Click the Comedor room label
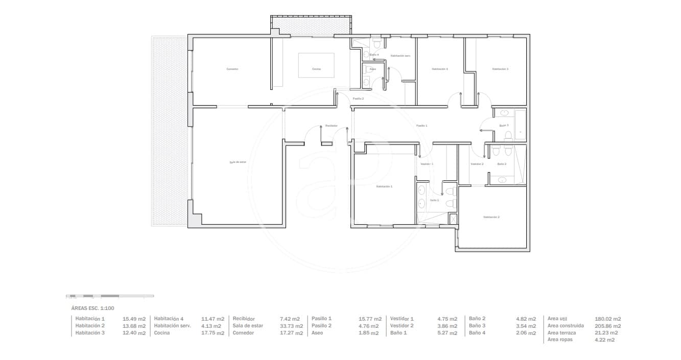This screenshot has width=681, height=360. [232, 69]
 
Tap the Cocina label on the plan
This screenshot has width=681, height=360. [316, 69]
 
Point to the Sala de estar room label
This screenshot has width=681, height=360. [238, 162]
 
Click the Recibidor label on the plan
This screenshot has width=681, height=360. [331, 126]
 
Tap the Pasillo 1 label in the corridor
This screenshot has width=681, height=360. [421, 126]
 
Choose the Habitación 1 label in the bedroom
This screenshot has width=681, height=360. [384, 187]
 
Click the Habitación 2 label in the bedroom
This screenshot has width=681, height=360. [491, 217]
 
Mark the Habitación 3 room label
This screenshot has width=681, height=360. [500, 69]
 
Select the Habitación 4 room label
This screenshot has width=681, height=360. [440, 69]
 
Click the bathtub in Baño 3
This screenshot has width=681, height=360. [520, 125]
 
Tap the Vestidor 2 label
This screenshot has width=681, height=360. [477, 164]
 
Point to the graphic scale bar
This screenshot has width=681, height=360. [110, 296]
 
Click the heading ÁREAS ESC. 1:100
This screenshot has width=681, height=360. [92, 308]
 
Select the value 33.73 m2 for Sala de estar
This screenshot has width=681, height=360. [289, 326]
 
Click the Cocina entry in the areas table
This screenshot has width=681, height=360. [162, 333]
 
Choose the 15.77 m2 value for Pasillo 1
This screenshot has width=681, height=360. [368, 319]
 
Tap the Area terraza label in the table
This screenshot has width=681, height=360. [561, 333]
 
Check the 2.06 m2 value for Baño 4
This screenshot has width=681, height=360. [526, 333]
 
